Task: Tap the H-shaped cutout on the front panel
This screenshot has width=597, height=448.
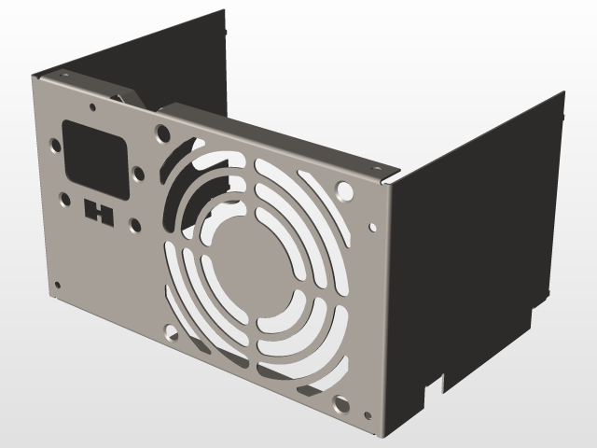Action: (98, 212)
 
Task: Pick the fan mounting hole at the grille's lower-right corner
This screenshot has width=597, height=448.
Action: (340, 406)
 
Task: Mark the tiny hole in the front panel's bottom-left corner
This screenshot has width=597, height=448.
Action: (58, 285)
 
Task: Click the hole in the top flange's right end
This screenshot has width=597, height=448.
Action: (381, 168)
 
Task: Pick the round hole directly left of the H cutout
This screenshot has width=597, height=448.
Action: (65, 199)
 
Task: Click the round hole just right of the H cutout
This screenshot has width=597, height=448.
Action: (134, 224)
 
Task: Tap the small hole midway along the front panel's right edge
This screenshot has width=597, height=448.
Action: (373, 226)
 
